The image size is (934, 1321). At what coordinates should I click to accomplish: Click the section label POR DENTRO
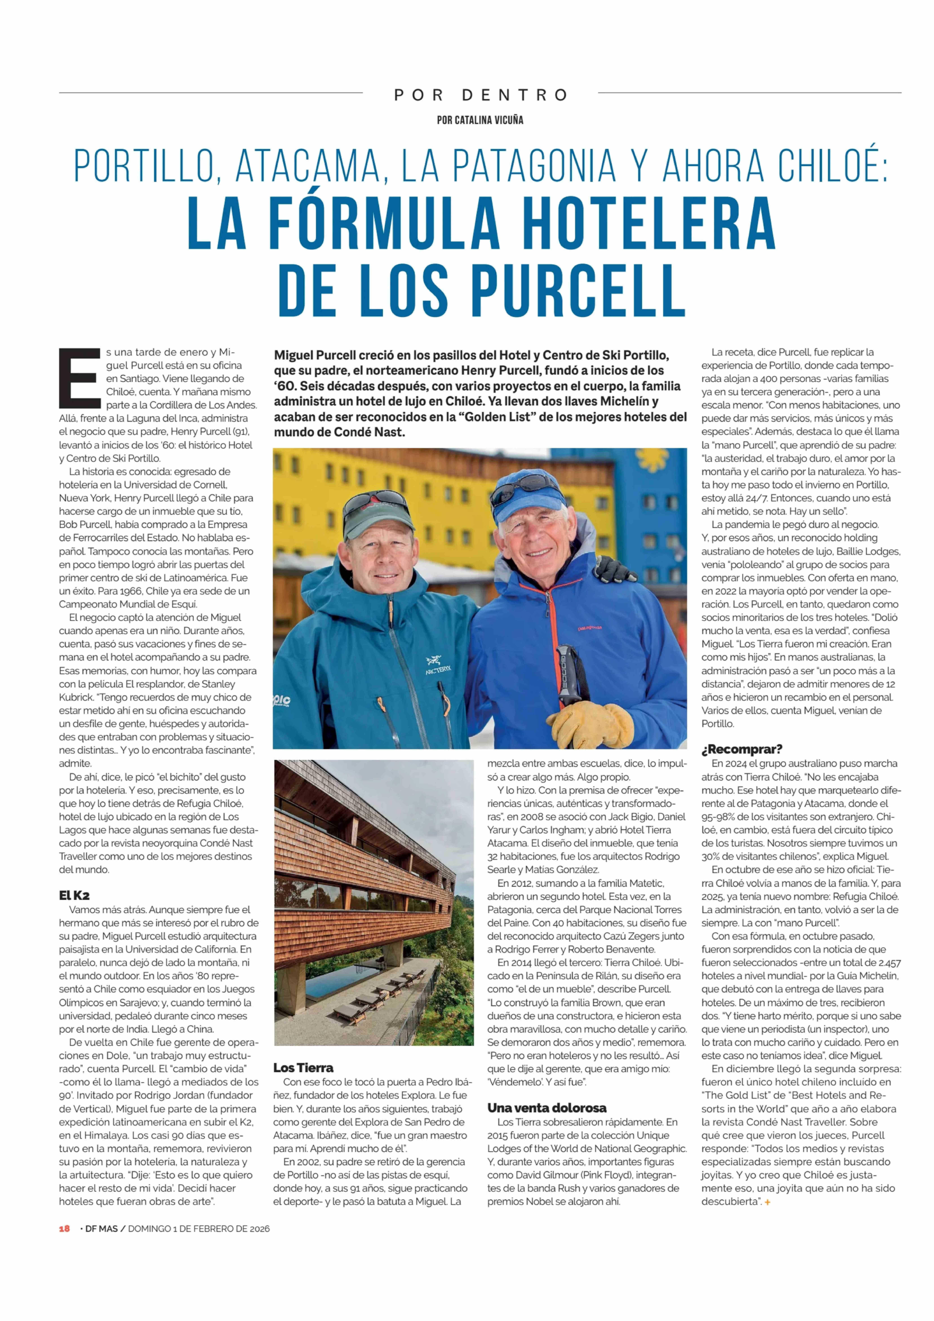coord(480,95)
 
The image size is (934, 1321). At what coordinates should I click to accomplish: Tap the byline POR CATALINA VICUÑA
coord(480,120)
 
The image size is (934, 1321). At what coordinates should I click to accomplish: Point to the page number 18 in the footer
coord(64,1228)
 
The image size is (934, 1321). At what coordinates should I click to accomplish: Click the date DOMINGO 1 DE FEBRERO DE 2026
coord(198,1228)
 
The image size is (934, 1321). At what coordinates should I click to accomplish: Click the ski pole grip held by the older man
coord(569,673)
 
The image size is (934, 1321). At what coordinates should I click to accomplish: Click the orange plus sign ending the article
coord(767,1202)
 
